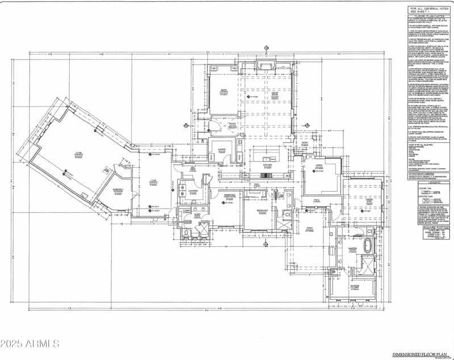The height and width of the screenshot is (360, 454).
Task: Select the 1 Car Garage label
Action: [x=153, y=182]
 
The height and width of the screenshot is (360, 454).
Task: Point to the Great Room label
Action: [x=274, y=96]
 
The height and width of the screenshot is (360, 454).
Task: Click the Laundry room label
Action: [x=192, y=192]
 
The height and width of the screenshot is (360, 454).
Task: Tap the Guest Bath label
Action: [x=197, y=215]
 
